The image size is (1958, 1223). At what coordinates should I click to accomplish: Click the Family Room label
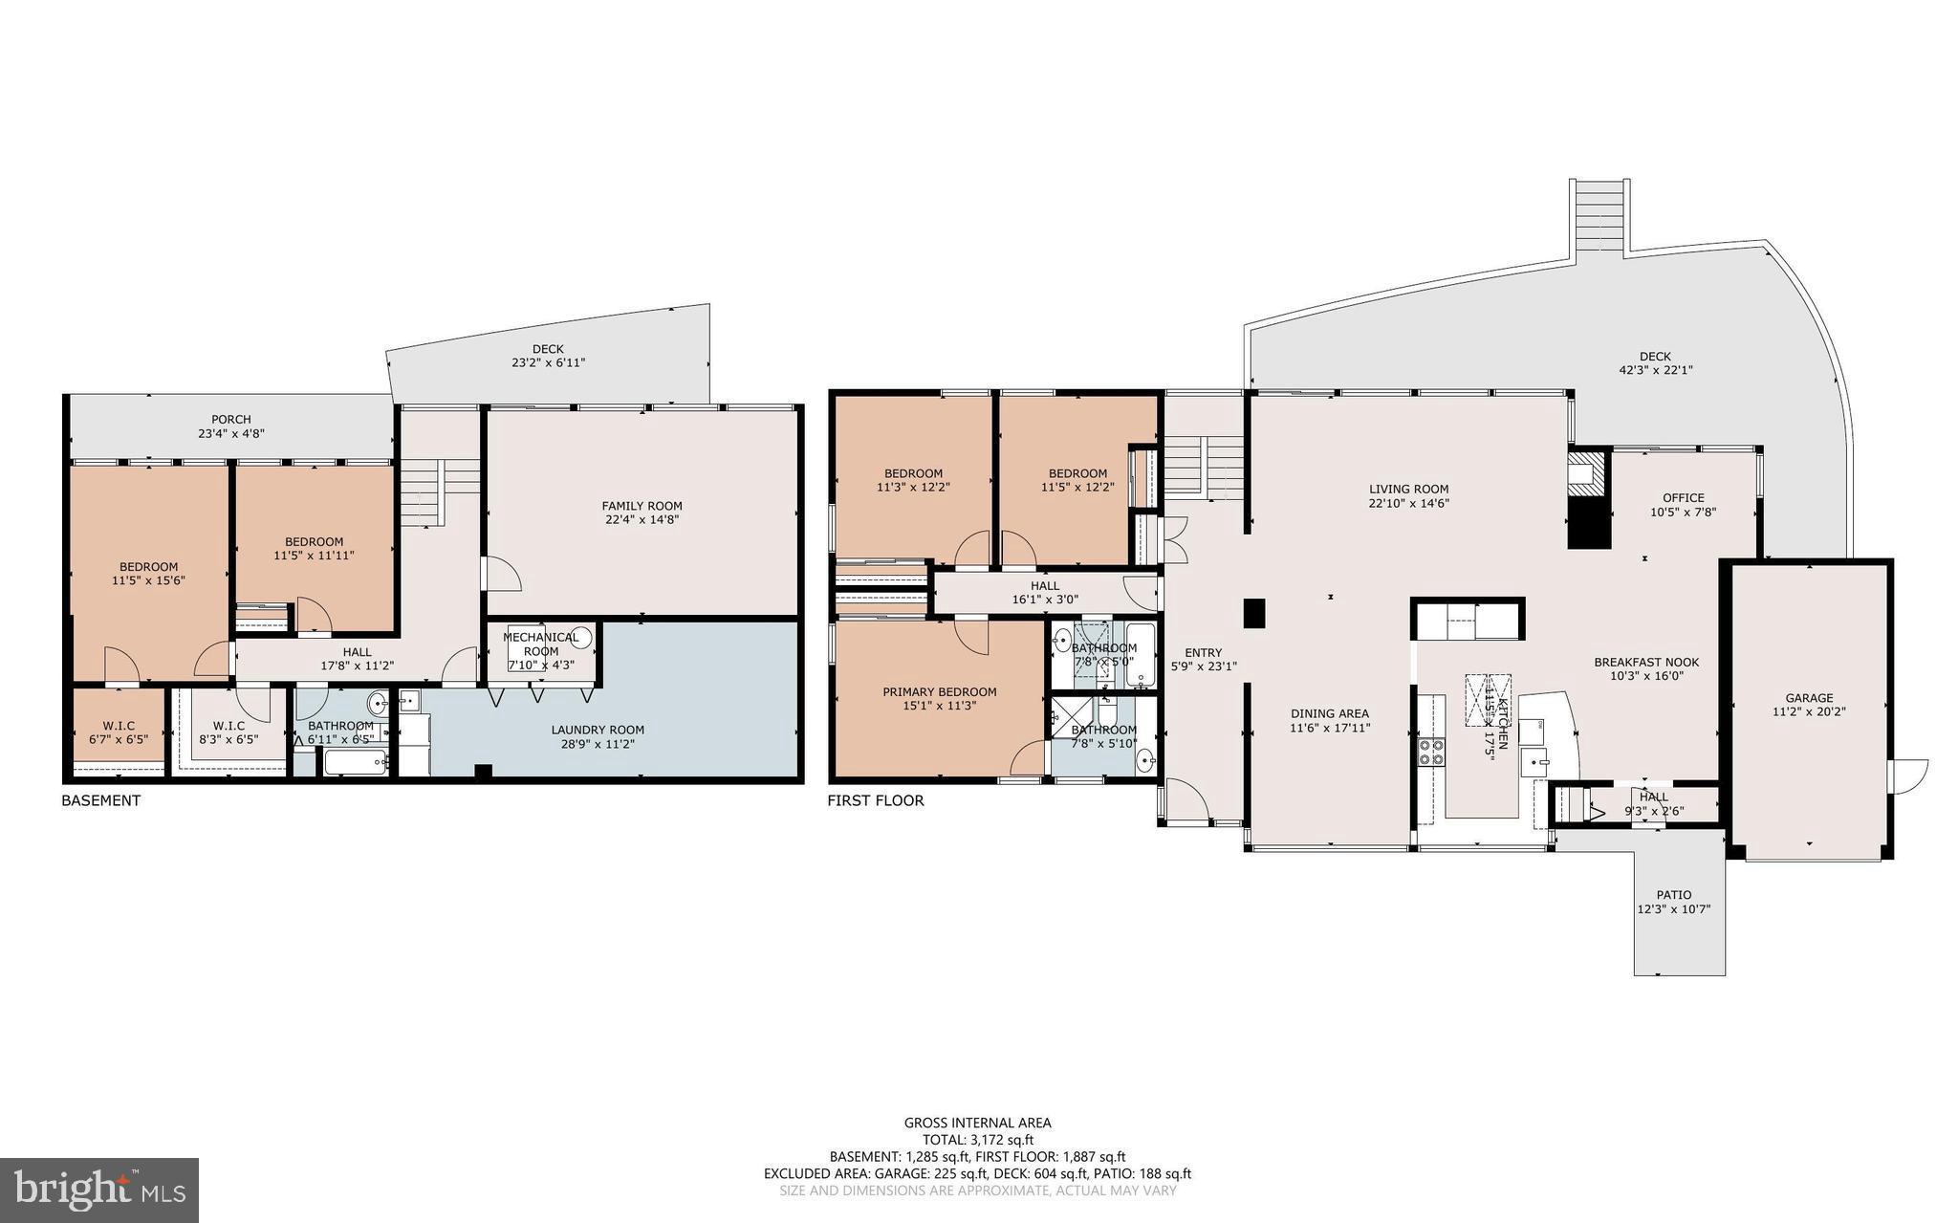tap(642, 506)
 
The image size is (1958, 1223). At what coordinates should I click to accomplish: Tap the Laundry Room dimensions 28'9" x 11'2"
tap(598, 744)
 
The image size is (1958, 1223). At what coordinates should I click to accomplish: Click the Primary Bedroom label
tap(939, 692)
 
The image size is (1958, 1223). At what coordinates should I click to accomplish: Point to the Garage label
tap(1809, 698)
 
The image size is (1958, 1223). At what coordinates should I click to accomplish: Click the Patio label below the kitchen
tap(1673, 895)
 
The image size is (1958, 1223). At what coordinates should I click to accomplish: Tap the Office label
tap(1683, 497)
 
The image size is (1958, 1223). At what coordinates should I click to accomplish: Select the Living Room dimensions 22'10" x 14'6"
tap(1408, 503)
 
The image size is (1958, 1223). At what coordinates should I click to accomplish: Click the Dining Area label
tap(1329, 713)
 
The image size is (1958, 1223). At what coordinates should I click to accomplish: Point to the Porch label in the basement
tap(230, 419)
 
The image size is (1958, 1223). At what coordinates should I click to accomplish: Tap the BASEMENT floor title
tap(100, 800)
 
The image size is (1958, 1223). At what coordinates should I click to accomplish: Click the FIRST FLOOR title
tap(875, 800)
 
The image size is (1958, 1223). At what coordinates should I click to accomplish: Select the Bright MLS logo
tap(99, 1190)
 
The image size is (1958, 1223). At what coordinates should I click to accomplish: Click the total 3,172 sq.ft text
tap(977, 1140)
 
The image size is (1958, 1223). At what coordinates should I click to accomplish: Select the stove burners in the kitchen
tap(1430, 753)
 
